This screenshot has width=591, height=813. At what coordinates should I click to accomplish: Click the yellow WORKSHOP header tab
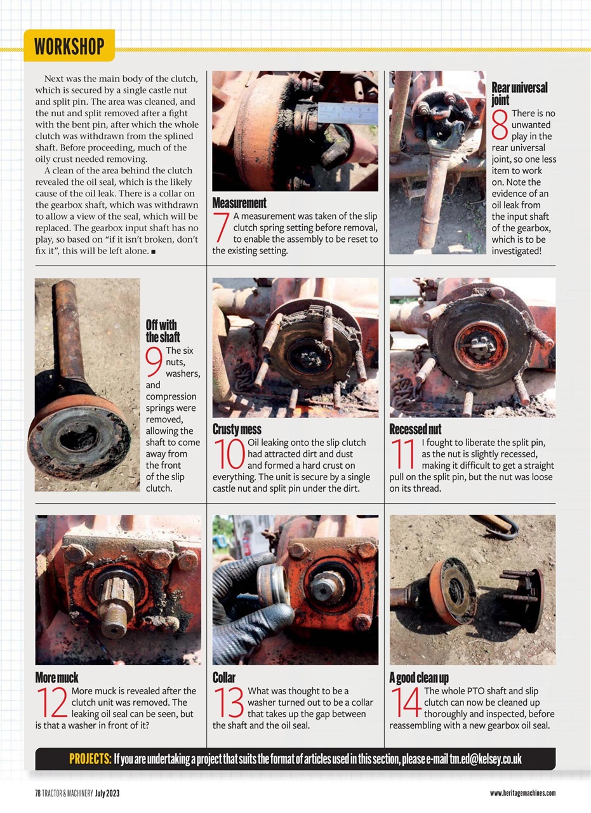tap(69, 46)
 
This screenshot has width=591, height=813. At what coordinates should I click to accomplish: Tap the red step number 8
tap(500, 124)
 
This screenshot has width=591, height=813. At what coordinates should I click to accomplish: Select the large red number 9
tap(154, 361)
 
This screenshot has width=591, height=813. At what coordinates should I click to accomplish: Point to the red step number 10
tap(230, 454)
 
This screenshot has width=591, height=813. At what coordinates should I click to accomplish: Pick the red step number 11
tap(404, 454)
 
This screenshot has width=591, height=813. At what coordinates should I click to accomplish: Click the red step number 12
tap(52, 702)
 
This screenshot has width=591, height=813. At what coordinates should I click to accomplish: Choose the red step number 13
tap(229, 702)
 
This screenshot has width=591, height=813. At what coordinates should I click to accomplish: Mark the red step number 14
tap(405, 702)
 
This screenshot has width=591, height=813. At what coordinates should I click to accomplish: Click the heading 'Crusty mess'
tap(237, 429)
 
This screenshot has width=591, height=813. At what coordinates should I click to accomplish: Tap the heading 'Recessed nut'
tap(415, 429)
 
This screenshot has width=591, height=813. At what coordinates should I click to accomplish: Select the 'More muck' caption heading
tap(57, 678)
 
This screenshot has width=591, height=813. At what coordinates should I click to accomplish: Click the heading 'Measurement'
tap(239, 203)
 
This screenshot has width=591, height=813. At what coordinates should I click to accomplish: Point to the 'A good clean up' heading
tap(419, 678)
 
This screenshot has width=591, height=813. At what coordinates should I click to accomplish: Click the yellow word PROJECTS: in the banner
tap(90, 759)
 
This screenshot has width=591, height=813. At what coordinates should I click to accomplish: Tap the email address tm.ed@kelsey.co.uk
tap(486, 759)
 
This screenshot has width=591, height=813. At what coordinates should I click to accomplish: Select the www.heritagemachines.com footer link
tap(522, 793)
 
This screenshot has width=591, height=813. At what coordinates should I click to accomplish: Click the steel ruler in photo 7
tap(347, 112)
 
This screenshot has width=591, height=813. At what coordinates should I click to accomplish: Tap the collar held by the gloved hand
tap(273, 584)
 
